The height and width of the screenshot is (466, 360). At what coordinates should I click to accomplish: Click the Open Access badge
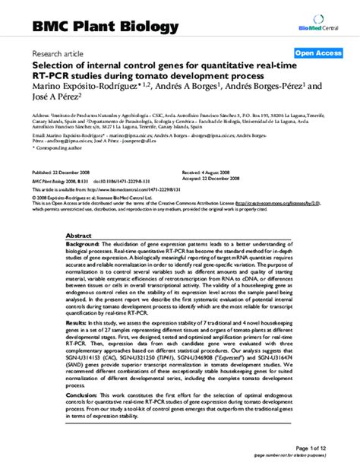[317, 53]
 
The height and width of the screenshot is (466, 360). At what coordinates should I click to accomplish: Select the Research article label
[57, 55]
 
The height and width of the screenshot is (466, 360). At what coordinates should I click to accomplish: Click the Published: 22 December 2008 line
[66, 173]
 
